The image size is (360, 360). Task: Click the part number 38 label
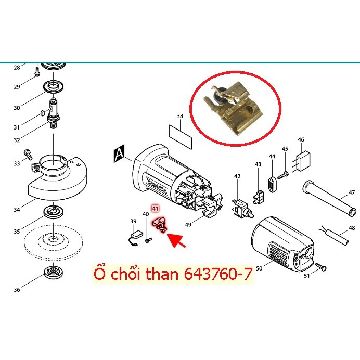pos(179,116)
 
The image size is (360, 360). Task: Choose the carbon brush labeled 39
pos(135,235)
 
